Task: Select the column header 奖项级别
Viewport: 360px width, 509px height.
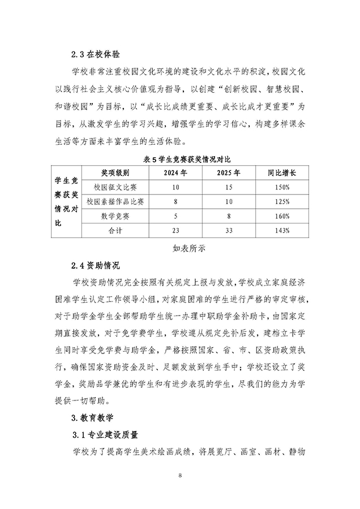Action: pyautogui.click(x=115, y=173)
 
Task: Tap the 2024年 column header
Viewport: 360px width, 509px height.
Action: pyautogui.click(x=175, y=173)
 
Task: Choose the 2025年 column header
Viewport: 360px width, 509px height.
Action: pyautogui.click(x=229, y=173)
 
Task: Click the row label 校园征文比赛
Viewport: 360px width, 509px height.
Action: pyautogui.click(x=115, y=187)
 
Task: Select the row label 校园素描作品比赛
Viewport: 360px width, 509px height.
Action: pyautogui.click(x=115, y=201)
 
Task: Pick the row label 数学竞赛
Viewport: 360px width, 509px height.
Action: pyautogui.click(x=115, y=216)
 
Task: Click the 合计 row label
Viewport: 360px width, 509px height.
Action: pyautogui.click(x=115, y=231)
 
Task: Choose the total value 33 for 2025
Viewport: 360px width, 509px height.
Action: pyautogui.click(x=229, y=231)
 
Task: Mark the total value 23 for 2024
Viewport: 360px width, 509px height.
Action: pyautogui.click(x=175, y=231)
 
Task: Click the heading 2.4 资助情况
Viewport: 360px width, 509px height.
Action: pyautogui.click(x=97, y=264)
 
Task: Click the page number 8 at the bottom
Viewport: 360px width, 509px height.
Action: pyautogui.click(x=180, y=476)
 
